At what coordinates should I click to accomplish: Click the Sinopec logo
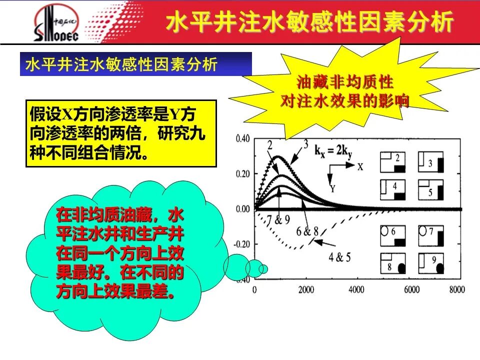[56, 23]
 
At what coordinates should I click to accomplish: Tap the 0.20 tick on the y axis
[243, 174]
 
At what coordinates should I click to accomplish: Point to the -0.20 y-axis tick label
[242, 244]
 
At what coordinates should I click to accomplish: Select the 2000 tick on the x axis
[306, 289]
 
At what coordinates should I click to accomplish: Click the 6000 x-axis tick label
[411, 289]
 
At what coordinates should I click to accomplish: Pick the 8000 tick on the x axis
[457, 289]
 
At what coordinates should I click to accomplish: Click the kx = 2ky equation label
[333, 151]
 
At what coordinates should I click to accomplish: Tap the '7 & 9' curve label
[278, 219]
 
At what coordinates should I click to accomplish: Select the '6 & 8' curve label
[307, 231]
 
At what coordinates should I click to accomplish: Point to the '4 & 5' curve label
[339, 257]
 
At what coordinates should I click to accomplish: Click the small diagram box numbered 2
[393, 162]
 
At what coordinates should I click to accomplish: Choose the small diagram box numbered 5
[430, 190]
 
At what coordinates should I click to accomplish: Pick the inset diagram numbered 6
[393, 235]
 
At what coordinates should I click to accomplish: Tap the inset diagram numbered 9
[430, 263]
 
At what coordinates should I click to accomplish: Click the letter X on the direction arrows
[360, 167]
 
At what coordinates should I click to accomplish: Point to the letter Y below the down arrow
[332, 188]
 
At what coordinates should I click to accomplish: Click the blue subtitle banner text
[121, 64]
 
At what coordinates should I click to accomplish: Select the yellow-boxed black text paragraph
[117, 133]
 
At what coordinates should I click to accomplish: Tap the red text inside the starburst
[345, 91]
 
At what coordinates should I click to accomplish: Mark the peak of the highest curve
[277, 156]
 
